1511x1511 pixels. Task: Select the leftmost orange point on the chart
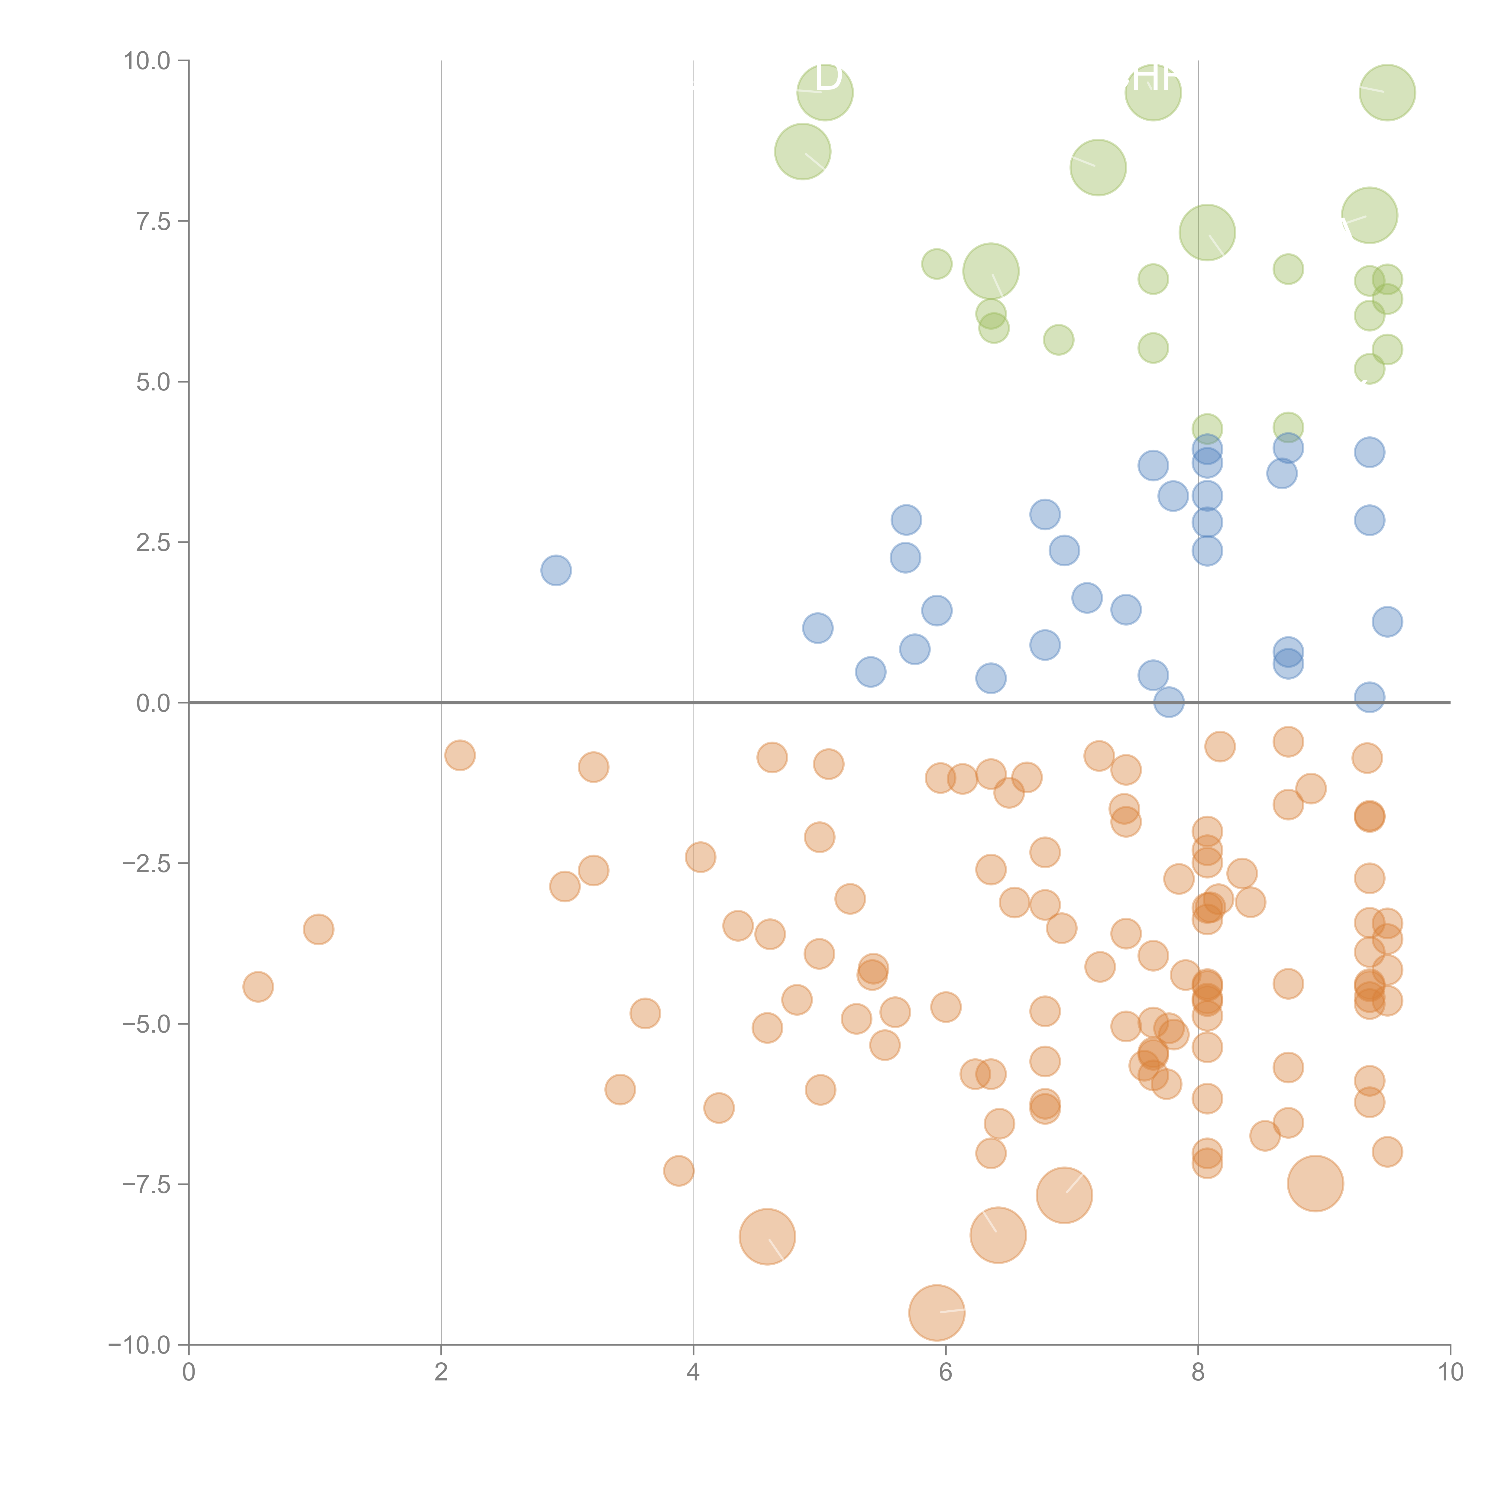click(x=258, y=987)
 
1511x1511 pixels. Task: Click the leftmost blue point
click(x=556, y=570)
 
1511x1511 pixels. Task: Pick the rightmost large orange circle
click(x=1315, y=1183)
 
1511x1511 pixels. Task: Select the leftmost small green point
click(x=937, y=264)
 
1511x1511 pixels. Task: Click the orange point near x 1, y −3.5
click(x=318, y=929)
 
